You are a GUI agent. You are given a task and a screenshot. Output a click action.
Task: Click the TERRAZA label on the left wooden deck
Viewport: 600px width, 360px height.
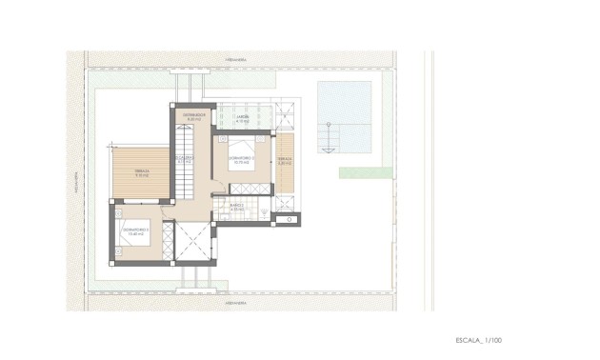click(142, 173)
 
